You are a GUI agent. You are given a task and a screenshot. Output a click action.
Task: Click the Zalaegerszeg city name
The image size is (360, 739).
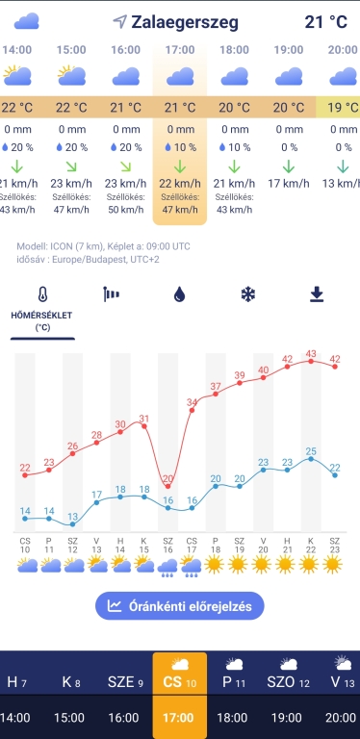pos(185,22)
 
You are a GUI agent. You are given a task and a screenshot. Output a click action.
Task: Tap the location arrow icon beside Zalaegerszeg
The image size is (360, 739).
pos(120,21)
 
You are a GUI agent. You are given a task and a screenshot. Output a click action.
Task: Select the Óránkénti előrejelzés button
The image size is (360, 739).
pos(180,605)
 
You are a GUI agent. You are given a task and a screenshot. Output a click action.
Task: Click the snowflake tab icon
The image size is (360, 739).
pos(247,294)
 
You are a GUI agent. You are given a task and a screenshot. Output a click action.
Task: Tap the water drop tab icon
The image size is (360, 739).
pos(180,295)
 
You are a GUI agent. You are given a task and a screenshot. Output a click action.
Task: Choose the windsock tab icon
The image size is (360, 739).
pos(112,294)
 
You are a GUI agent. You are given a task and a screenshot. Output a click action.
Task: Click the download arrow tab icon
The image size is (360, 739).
pos(316,294)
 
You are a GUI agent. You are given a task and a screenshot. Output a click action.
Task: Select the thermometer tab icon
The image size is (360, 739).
pos(43,295)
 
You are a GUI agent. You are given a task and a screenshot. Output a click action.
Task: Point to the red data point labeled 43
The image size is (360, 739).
pos(311,361)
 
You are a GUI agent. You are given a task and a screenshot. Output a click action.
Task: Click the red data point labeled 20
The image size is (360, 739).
pos(168,486)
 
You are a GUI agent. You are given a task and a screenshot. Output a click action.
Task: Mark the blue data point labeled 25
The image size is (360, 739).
pos(311,458)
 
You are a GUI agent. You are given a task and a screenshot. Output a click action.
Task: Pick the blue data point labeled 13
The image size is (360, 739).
pos(73,524)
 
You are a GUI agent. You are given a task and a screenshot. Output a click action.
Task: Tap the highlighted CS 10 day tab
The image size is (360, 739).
pos(180,674)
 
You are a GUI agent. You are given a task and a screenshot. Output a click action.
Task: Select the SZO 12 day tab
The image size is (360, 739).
pos(288,674)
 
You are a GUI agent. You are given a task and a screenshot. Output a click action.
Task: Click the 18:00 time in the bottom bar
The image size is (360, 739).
pos(233,718)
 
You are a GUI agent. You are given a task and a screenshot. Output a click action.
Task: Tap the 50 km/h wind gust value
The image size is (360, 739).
pos(126,209)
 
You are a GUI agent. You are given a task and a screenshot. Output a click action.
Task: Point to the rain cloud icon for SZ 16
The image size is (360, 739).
pos(168,566)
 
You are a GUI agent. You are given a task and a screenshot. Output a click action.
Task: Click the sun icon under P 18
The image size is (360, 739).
pos(214,564)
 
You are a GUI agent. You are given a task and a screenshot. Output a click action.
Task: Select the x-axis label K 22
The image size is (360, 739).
pos(311,545)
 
